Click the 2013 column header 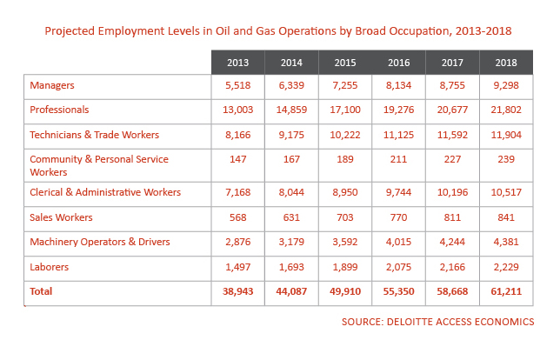click(237, 63)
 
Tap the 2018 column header click(503, 63)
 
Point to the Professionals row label click(59, 110)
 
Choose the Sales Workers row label click(61, 217)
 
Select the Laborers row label click(50, 267)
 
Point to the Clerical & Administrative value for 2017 click(450, 192)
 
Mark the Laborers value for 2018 click(503, 267)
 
